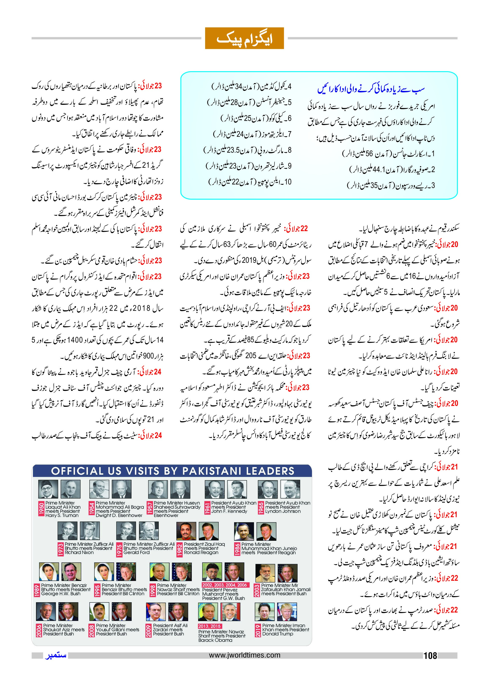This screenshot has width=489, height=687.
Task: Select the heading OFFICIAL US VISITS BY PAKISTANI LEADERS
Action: click(173, 471)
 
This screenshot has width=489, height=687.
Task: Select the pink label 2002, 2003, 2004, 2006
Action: click(225, 585)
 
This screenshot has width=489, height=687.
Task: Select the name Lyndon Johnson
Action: click(283, 511)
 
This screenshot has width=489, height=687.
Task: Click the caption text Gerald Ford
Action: click(136, 553)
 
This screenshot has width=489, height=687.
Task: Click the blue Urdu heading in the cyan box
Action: click(371, 89)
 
